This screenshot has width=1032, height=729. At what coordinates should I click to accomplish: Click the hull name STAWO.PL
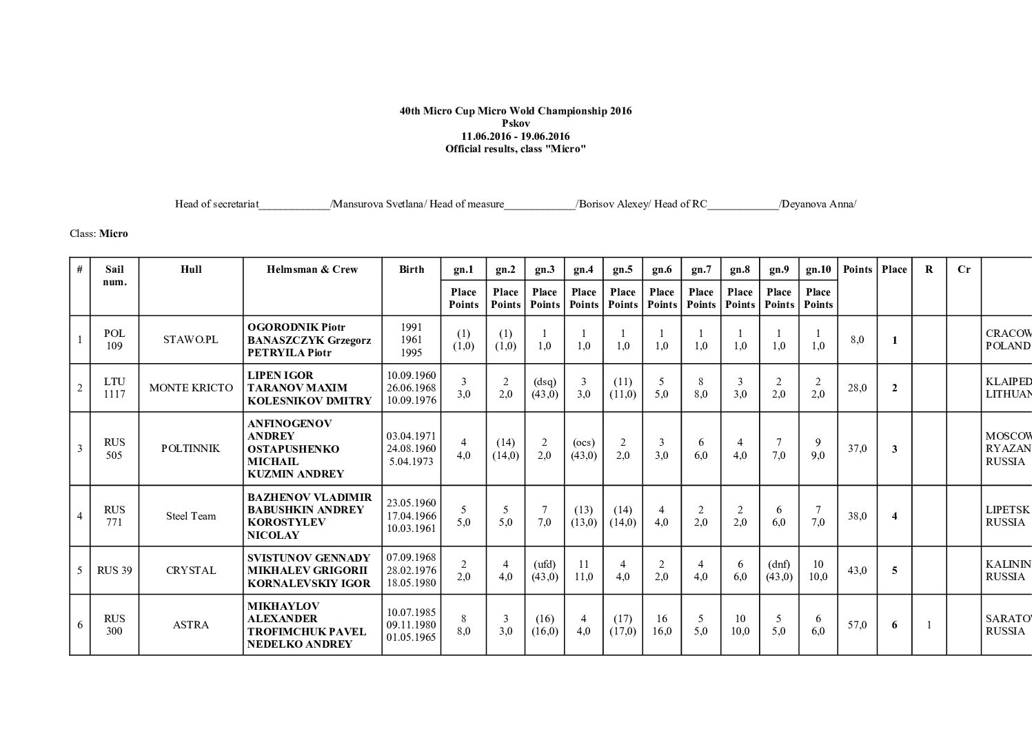(191, 340)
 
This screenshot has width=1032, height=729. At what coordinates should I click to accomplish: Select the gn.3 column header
(545, 269)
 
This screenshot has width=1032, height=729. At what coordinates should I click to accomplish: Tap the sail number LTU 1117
(114, 388)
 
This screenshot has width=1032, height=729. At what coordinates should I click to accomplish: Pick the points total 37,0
(857, 449)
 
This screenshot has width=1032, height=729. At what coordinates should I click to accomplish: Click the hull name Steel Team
(191, 516)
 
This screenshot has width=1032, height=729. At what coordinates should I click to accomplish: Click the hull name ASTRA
(191, 625)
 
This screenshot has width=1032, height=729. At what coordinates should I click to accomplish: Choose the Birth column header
(412, 269)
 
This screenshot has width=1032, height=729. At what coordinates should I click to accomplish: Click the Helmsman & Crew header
(312, 269)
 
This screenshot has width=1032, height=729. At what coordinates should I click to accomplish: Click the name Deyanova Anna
(818, 204)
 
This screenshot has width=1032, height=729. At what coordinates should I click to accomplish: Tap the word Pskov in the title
(516, 123)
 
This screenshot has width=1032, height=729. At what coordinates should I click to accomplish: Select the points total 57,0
(857, 625)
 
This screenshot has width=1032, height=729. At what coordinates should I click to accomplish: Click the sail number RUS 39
(114, 571)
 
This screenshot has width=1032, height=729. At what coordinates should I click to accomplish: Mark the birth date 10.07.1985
(412, 612)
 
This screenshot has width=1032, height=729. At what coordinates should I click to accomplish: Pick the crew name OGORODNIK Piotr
(296, 327)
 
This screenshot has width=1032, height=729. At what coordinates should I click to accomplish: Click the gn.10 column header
(818, 269)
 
